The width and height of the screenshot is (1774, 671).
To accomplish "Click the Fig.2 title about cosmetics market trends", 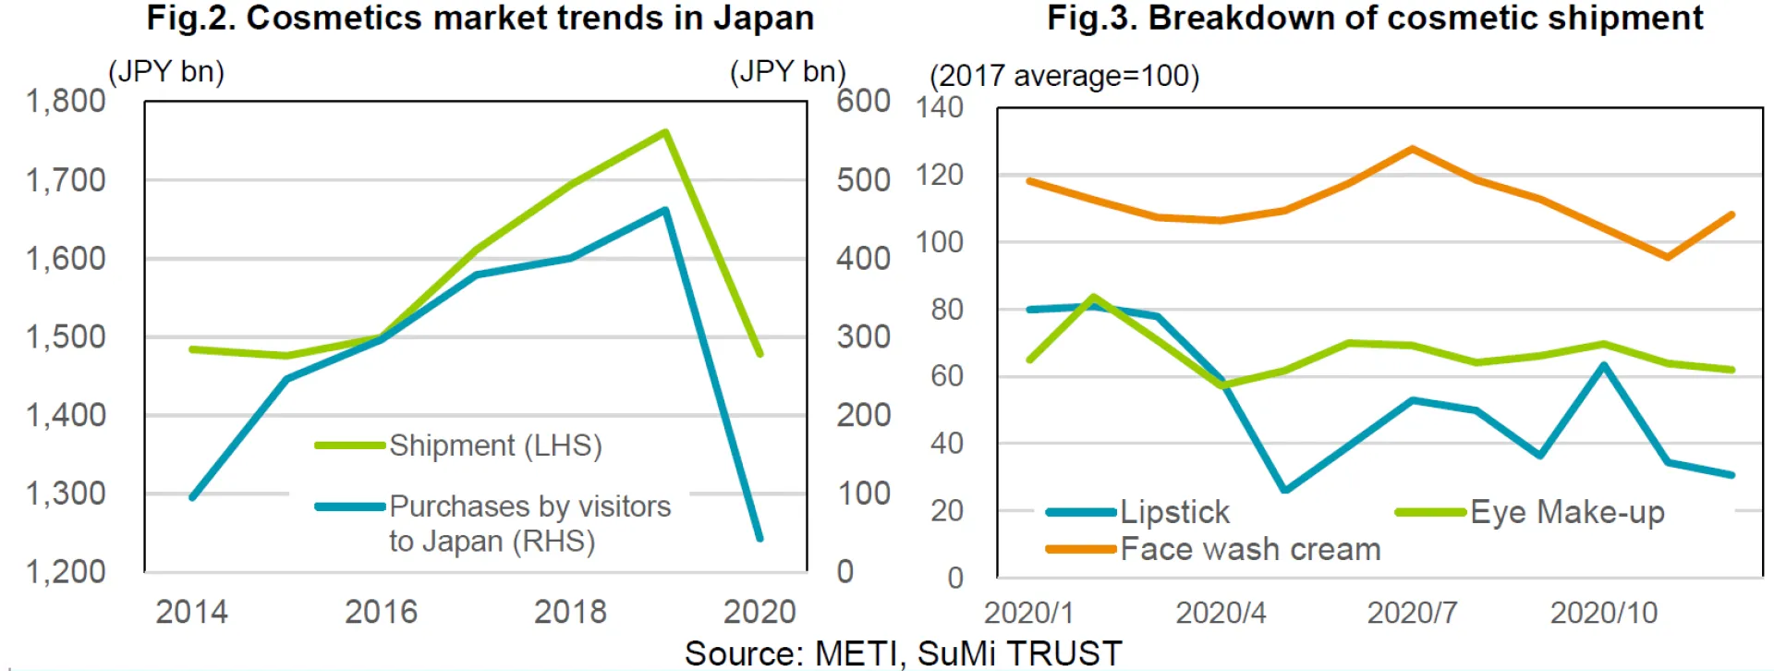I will coord(480,18).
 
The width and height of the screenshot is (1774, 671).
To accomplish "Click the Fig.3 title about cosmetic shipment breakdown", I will coord(1375,18).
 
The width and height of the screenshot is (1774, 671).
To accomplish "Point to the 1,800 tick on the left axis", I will coord(66,101).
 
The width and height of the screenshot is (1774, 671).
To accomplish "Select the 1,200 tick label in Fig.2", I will coord(66,572).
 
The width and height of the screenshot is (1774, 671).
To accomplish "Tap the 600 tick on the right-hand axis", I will coord(863,101).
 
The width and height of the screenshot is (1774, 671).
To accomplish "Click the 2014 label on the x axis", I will coord(191,612).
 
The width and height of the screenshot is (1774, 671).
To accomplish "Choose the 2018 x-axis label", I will coord(570,612).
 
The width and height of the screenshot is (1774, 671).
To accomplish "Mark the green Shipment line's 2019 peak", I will coord(665,132).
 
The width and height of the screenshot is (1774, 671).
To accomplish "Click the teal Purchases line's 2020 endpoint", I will coord(759,538).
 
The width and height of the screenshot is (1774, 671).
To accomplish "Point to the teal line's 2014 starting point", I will coord(192,497).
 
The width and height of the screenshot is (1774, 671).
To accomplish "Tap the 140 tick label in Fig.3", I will coord(940,107).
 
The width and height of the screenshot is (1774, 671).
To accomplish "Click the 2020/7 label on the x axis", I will coord(1412,613).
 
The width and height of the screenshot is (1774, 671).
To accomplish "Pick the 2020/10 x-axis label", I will coord(1604,613).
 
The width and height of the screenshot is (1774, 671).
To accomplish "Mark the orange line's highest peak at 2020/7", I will coord(1413,149).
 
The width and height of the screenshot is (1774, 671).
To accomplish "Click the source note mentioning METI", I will coord(903,653).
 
